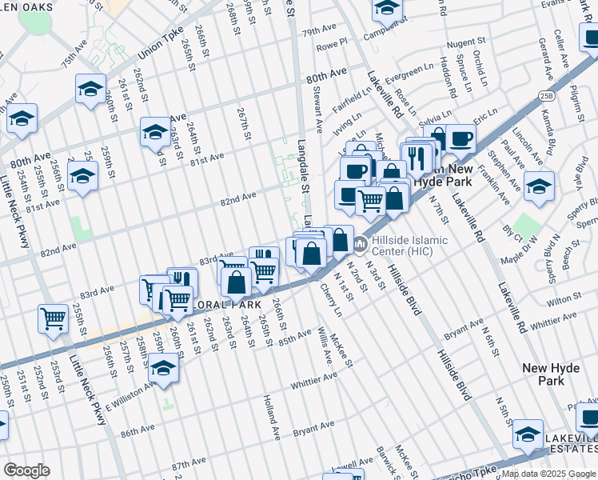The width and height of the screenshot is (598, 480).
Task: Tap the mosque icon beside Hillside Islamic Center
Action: point(361,242)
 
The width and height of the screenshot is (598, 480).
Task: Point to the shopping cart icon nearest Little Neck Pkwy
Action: point(53,318)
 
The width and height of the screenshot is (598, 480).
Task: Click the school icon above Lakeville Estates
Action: point(528,434)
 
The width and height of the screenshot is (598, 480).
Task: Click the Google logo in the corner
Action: point(26,470)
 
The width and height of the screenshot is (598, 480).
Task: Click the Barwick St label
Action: point(387,458)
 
